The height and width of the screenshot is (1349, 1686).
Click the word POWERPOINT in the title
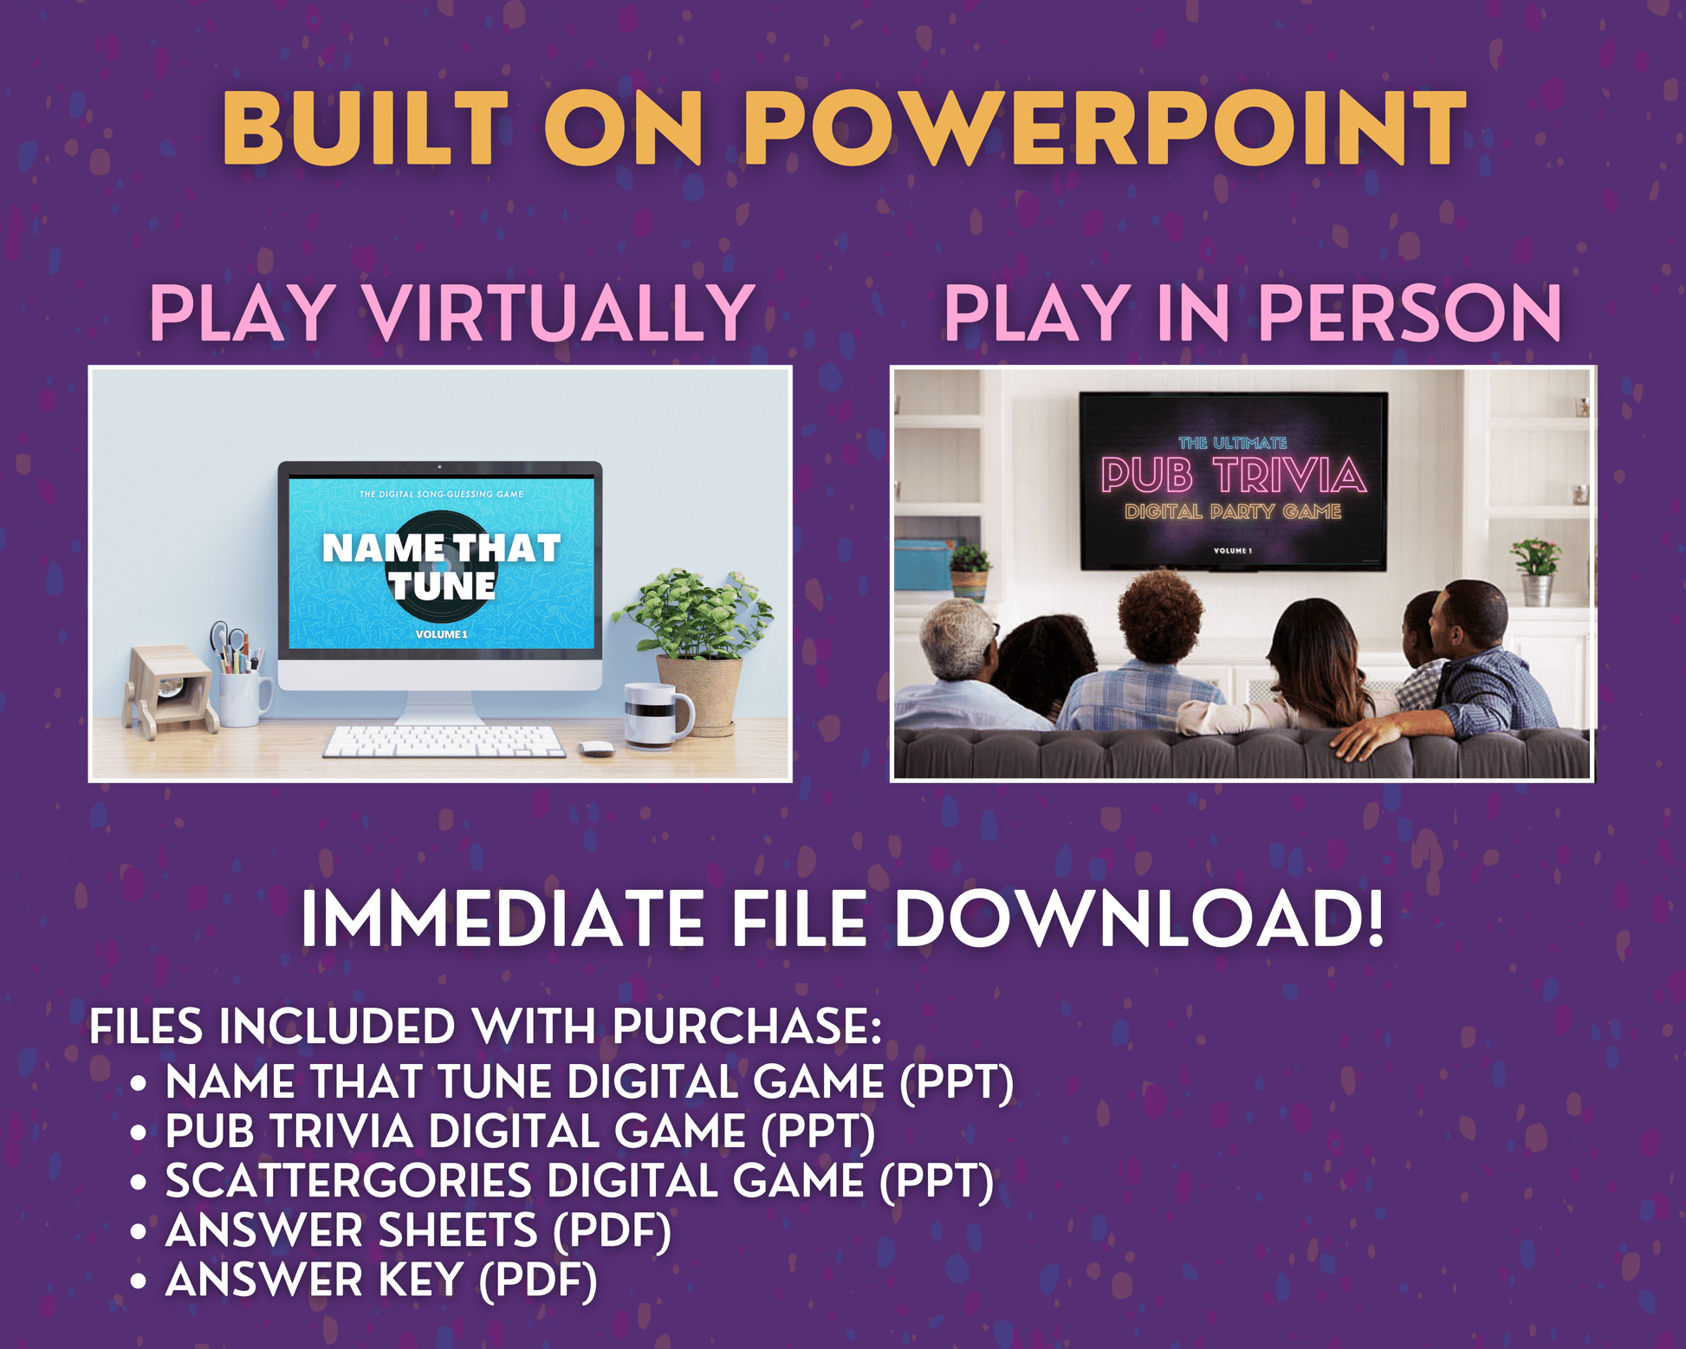click(1106, 127)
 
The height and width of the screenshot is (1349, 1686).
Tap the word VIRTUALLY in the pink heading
click(560, 313)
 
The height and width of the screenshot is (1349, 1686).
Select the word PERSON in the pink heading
click(1410, 313)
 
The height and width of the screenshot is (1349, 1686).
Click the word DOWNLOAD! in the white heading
click(1139, 919)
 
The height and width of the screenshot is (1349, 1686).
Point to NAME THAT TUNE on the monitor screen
click(442, 567)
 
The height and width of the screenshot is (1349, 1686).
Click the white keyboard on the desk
click(444, 742)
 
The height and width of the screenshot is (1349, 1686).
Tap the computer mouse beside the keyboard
click(596, 748)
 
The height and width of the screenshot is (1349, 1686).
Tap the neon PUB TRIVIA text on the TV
click(1233, 476)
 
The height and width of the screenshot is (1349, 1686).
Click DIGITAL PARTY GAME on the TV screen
click(1233, 512)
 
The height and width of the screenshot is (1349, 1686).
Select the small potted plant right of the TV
click(1536, 571)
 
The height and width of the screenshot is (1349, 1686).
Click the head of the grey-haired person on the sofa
click(956, 639)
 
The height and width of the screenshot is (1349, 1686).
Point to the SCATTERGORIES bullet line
click(580, 1182)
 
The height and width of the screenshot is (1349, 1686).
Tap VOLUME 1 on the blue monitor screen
click(441, 634)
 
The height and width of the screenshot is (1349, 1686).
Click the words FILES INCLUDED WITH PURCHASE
click(485, 1028)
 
